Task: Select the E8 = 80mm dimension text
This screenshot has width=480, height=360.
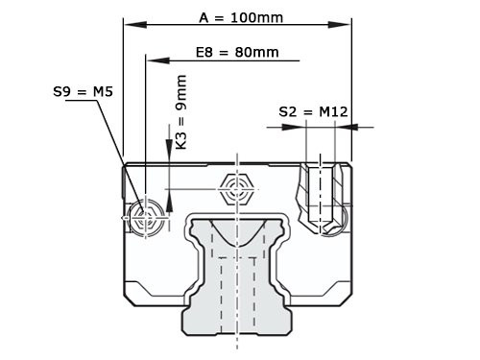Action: pos(223,52)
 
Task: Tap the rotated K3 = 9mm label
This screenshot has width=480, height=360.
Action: pos(181,117)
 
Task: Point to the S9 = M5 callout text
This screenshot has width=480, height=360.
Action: pos(83,92)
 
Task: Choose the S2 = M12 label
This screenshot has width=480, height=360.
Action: pos(312,112)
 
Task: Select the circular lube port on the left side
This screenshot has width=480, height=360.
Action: pos(145,218)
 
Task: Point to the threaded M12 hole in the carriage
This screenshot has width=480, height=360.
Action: pos(321,197)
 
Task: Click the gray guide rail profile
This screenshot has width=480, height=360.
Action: pos(235,269)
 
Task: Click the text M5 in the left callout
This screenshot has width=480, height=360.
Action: pos(102,92)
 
